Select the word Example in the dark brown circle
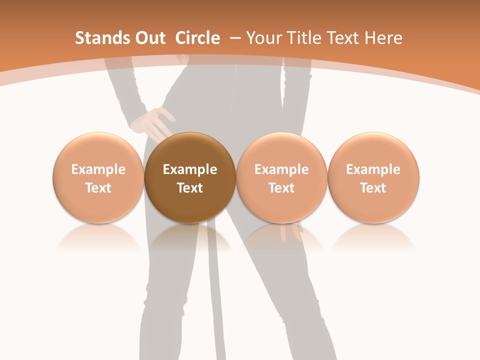point(190,169)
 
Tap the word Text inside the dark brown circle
point(190,188)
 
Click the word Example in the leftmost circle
point(98,169)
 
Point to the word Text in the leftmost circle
point(98,188)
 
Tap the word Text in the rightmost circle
point(373,188)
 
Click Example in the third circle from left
point(281,169)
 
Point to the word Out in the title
point(149,38)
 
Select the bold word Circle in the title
point(197,38)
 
